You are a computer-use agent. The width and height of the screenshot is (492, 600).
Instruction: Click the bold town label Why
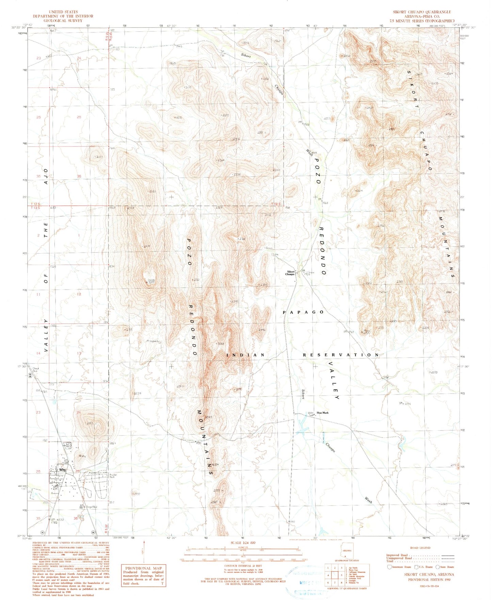pos(62,469)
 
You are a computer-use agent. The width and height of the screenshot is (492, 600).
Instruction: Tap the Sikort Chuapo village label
pos(290,273)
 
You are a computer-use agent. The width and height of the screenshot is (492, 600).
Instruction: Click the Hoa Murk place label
pos(322,412)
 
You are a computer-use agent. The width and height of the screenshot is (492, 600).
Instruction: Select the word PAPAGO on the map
pos(303,312)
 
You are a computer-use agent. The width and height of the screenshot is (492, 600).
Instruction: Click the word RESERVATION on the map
pos(341,355)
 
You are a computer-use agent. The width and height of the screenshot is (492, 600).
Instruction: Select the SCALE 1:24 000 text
pos(243,543)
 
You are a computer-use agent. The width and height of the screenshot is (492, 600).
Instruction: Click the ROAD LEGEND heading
pos(420,548)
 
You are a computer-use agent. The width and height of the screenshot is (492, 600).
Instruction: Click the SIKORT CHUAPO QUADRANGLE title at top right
pos(422,12)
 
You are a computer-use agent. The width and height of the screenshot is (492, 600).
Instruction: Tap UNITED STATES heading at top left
pos(63,12)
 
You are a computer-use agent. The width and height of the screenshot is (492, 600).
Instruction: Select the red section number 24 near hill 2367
pos(79,412)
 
